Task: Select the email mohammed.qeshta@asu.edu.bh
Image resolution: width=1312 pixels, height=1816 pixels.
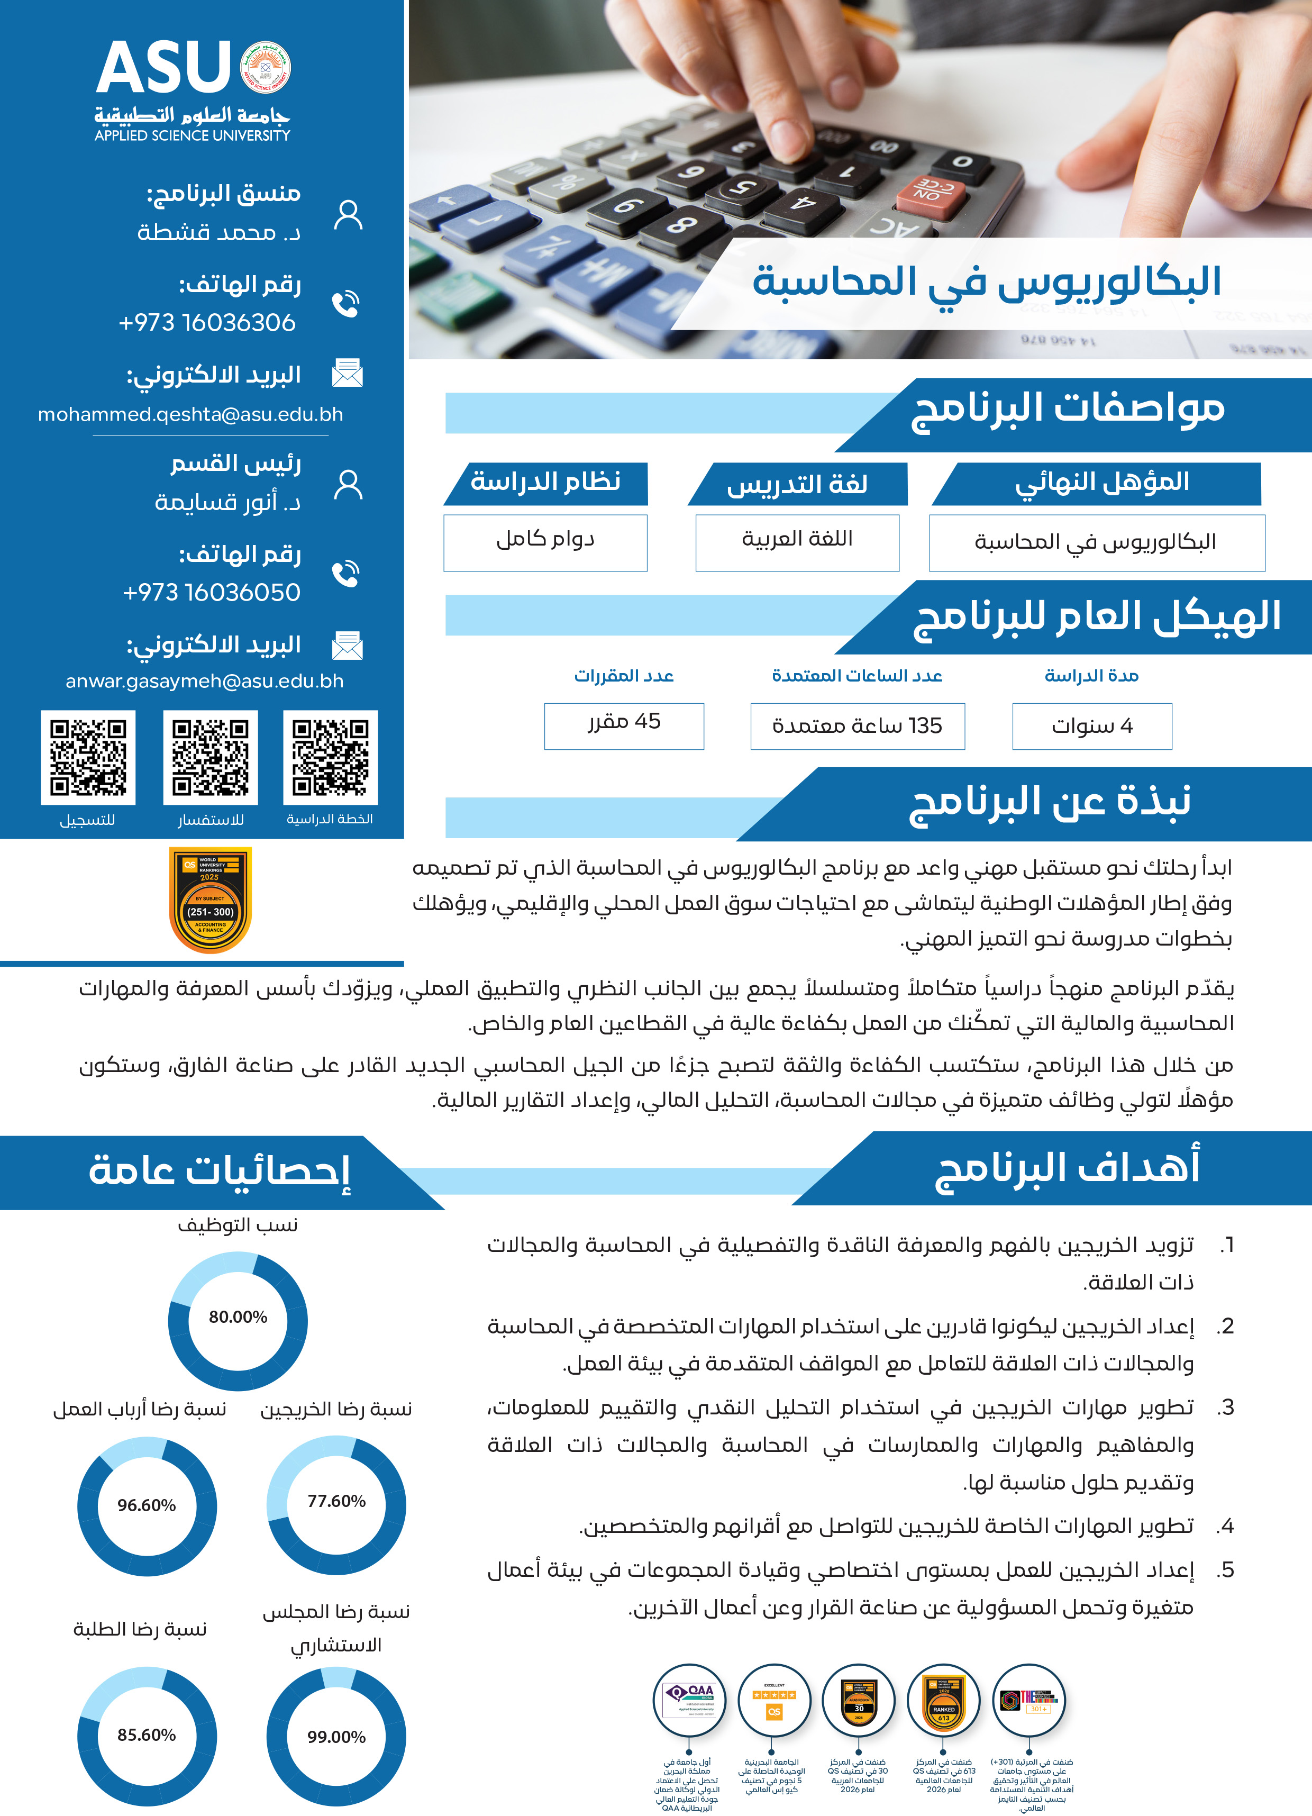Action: tap(190, 415)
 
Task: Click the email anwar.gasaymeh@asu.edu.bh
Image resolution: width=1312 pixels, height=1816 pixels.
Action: tap(204, 682)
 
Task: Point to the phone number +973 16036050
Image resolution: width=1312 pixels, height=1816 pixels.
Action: tap(211, 593)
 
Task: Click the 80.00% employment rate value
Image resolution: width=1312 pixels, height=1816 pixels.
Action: tap(238, 1317)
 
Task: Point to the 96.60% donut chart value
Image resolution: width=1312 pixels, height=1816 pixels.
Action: tap(147, 1505)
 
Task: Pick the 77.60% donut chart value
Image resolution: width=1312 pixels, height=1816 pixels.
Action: tap(336, 1501)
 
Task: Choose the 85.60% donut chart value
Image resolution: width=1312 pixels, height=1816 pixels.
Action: tap(147, 1735)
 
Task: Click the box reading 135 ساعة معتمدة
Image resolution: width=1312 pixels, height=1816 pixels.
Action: tap(858, 726)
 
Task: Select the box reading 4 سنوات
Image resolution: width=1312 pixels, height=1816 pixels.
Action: tap(1092, 726)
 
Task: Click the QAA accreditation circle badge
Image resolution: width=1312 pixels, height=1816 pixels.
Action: tap(689, 1700)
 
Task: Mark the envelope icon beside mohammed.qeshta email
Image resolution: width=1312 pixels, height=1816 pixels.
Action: tap(348, 373)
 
